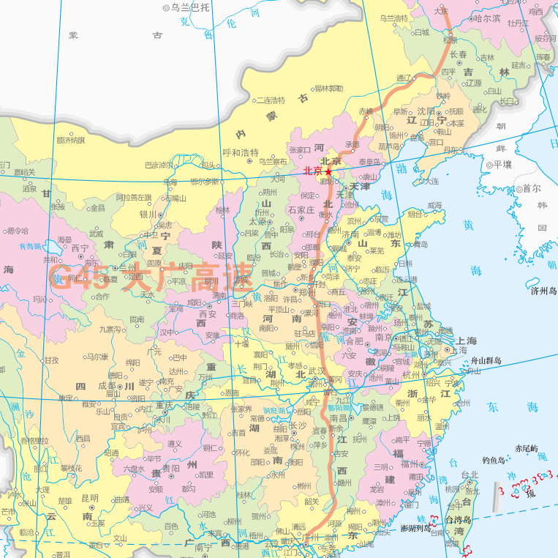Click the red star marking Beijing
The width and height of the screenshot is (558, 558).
[x=328, y=172]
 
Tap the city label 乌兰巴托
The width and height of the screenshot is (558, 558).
[x=189, y=7]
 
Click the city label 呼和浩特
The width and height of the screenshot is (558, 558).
[x=241, y=153]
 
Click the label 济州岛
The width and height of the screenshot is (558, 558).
[x=543, y=291]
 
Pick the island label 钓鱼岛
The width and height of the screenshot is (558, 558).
[x=494, y=461]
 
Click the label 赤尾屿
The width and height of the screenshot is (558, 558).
[x=526, y=448]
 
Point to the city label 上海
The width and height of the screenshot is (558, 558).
[x=466, y=341]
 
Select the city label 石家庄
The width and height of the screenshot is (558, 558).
[x=301, y=210]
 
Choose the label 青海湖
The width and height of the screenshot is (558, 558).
[x=31, y=247]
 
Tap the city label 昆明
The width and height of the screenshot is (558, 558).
[x=89, y=498]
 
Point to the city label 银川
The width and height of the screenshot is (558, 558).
[x=148, y=215]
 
